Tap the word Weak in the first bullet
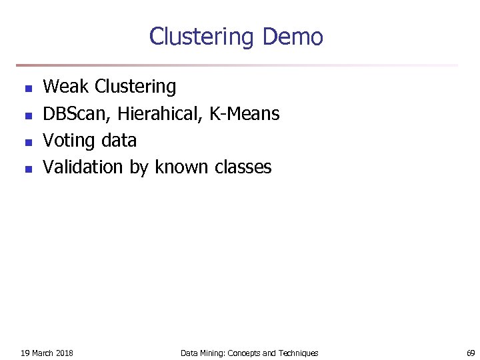click(66, 87)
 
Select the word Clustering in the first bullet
click(135, 87)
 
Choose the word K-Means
click(244, 114)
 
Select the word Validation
click(83, 167)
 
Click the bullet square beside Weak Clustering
click(27, 88)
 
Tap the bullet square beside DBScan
click(27, 115)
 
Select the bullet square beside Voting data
click(27, 142)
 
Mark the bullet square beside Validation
click(27, 169)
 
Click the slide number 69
click(471, 353)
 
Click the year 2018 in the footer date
click(65, 353)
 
